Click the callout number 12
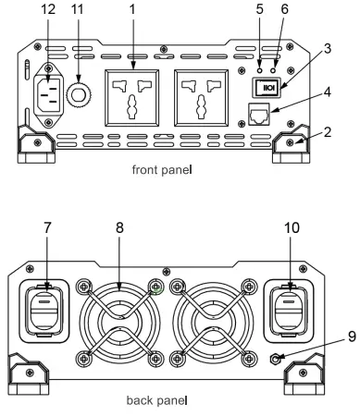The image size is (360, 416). point(48,9)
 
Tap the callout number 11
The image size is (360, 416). point(77,9)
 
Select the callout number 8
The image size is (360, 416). point(119,228)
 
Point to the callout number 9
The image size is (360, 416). point(352,336)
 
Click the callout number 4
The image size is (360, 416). point(328,92)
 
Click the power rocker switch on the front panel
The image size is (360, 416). point(267,87)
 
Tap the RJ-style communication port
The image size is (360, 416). point(259,114)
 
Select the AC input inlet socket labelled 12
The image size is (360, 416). point(48,94)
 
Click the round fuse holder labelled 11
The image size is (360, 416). point(78,94)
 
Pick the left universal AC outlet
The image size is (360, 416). point(132,98)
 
